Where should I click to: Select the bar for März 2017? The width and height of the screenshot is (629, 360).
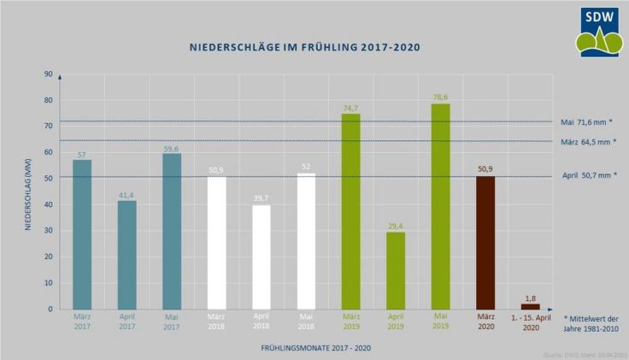[82, 234]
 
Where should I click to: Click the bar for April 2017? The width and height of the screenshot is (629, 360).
[126, 255]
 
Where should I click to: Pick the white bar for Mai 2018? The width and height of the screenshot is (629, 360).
[306, 241]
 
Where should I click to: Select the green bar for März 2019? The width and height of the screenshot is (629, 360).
[350, 211]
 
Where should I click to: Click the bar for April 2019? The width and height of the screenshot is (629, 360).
[395, 270]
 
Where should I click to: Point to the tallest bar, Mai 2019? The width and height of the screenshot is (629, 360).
[440, 206]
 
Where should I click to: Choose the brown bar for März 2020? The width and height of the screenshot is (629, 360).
[485, 242]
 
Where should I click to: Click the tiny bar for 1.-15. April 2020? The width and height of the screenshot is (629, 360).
[530, 306]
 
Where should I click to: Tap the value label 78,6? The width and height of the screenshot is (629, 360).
[440, 97]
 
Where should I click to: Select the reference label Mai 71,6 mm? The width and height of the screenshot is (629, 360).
[588, 122]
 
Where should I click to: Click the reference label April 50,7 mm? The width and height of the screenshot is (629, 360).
[588, 175]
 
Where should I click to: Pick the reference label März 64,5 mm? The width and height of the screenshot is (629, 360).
[588, 141]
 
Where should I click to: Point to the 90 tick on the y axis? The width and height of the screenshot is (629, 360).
[48, 74]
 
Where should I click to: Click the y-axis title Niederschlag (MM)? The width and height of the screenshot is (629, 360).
[29, 192]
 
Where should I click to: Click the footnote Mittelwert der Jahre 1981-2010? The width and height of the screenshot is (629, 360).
[591, 322]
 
